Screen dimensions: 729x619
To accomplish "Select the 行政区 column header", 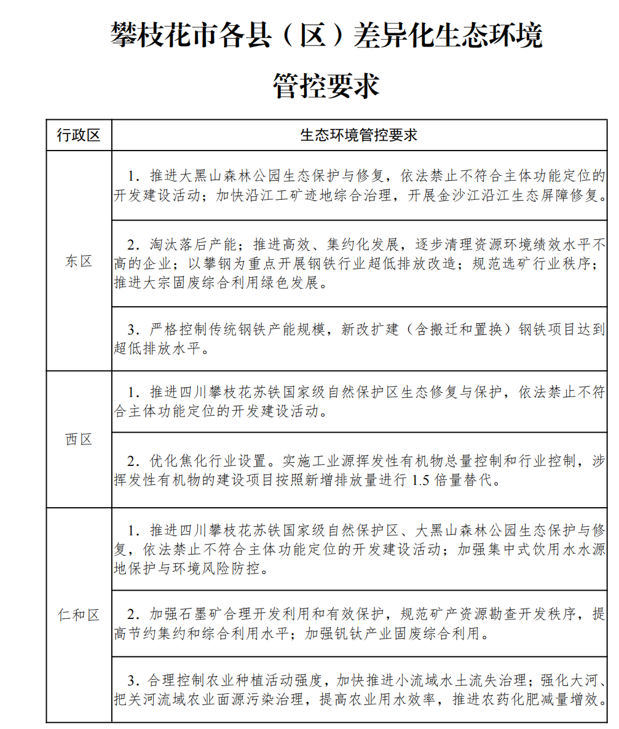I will coord(78,135).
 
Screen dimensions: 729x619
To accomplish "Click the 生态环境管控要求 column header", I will coord(359,135).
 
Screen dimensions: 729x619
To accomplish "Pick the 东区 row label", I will coord(79,261).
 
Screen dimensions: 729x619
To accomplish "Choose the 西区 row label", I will coord(79,439).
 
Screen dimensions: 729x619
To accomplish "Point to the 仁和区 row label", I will coord(79,615).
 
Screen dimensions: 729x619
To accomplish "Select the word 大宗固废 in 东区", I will coord(173,284).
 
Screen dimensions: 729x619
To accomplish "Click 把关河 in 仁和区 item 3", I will coord(135,700).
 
